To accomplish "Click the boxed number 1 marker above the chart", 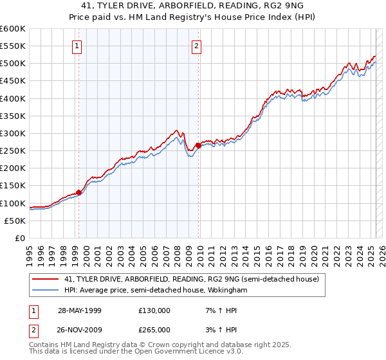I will tap(77, 46).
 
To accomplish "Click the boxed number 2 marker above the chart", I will tap(196, 46).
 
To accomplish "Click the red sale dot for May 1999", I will tap(79, 192).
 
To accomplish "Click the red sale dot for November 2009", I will tap(199, 145).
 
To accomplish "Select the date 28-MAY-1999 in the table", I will tap(80, 310).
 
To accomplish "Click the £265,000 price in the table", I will tap(154, 330).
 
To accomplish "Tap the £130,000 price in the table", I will tap(154, 310).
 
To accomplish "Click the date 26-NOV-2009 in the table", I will tap(80, 330).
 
